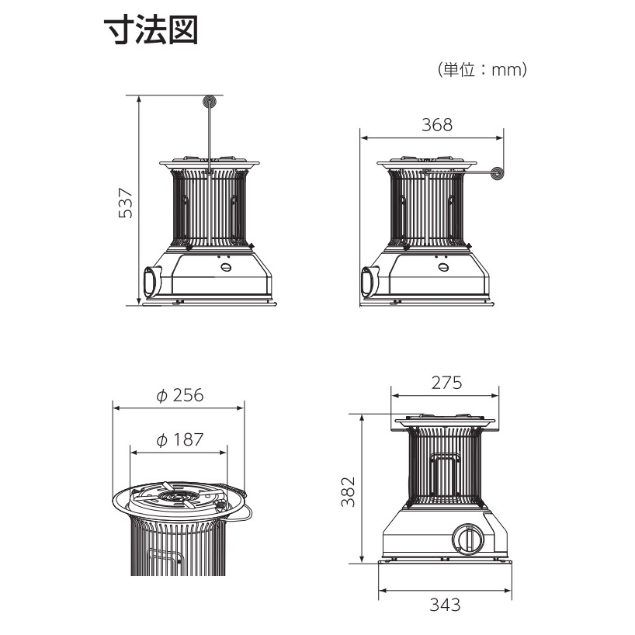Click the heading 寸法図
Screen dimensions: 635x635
(151, 30)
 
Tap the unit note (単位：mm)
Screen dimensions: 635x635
(482, 70)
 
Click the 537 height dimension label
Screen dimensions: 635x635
(126, 203)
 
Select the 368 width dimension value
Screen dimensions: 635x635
(437, 125)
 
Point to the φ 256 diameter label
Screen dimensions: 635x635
(180, 395)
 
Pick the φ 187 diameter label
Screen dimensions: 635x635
(180, 440)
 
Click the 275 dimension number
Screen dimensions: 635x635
(446, 383)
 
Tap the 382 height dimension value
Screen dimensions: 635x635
(348, 491)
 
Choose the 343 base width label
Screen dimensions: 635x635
(445, 605)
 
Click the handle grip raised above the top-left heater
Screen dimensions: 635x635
(210, 101)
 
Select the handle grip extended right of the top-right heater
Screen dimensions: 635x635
(498, 173)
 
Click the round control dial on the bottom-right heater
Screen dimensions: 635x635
(468, 540)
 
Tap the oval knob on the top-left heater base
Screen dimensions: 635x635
(226, 267)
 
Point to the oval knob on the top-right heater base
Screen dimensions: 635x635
(443, 267)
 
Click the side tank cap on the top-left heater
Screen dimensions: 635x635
(152, 281)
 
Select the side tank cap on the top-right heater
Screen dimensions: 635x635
(370, 281)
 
